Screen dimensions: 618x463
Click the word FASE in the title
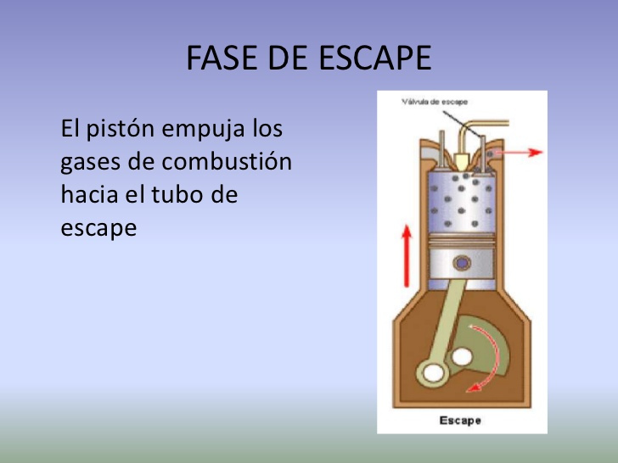(x=222, y=58)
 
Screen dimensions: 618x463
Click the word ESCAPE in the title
(x=375, y=58)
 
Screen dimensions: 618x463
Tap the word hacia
(x=89, y=194)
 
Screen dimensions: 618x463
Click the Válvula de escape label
(x=435, y=102)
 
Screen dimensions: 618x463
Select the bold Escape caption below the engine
(x=460, y=421)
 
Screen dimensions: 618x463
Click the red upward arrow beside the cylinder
(x=407, y=255)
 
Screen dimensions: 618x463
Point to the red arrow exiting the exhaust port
(x=519, y=152)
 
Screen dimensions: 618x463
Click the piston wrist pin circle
(x=462, y=263)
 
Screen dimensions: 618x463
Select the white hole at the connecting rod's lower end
(x=433, y=372)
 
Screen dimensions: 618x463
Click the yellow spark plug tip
(x=461, y=162)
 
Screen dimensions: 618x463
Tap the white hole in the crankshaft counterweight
(x=462, y=357)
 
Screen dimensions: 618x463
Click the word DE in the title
(x=288, y=58)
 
